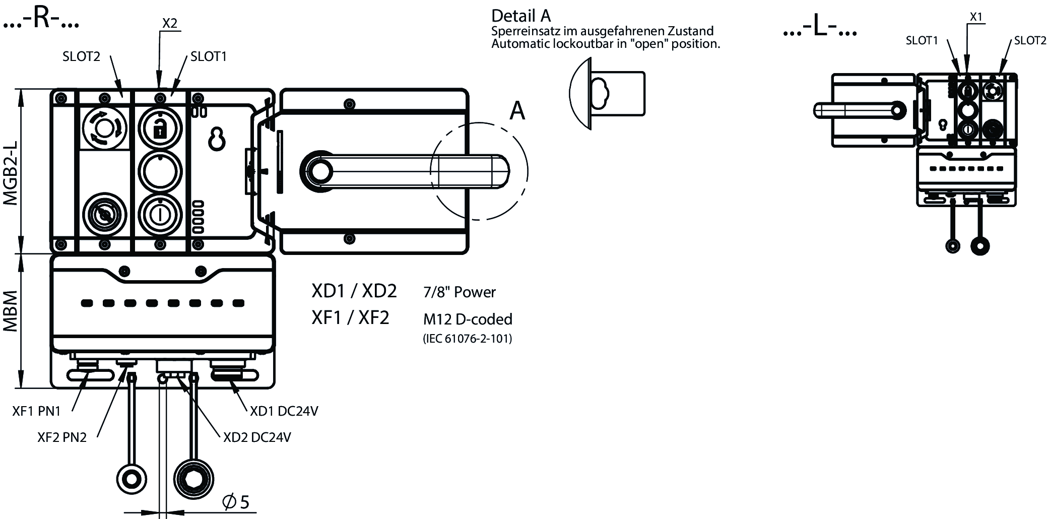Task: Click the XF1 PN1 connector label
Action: pos(36,412)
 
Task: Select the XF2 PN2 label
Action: pos(62,437)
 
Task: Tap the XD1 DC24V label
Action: pos(284,412)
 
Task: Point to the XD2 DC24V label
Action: pos(257,437)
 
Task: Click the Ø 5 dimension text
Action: pos(236,502)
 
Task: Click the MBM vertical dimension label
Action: pos(11,311)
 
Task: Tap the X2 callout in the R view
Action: pos(170,23)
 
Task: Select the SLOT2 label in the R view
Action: pos(82,56)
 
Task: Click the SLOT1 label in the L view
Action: pos(922,41)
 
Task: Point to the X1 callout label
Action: pos(976,17)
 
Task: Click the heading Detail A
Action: pos(521,16)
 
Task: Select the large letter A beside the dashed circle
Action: pos(517,111)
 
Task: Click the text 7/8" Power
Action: pos(460,292)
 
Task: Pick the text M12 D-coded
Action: pos(468,319)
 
